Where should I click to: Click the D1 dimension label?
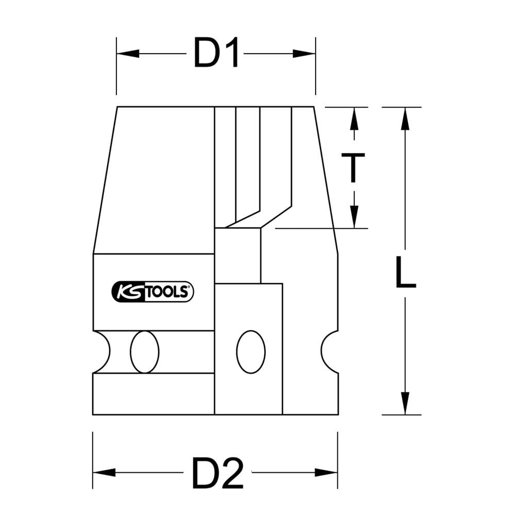point(216,53)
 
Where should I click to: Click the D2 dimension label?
point(218,473)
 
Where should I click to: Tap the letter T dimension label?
point(353,167)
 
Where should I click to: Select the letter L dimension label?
point(405,272)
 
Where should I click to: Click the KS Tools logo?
point(153,291)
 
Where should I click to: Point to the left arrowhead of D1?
point(128,54)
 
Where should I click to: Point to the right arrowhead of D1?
point(304,54)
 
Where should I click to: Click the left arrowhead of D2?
point(105,473)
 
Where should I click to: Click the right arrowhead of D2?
point(326,473)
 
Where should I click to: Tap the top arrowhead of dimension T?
point(354,119)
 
